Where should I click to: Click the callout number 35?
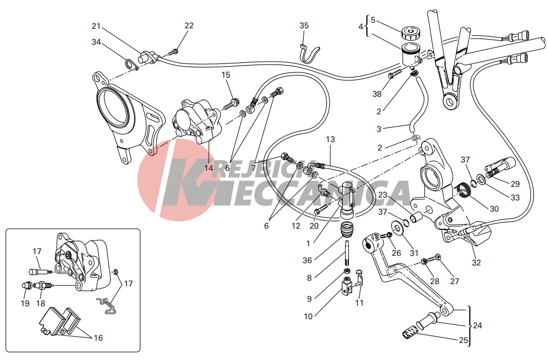tap(304, 25)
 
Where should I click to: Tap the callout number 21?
tap(96, 26)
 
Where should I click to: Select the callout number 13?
tap(330, 139)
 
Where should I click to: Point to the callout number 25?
tap(463, 340)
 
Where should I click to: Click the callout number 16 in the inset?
tap(98, 337)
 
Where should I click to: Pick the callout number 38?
tap(377, 94)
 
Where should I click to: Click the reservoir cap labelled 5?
tap(411, 33)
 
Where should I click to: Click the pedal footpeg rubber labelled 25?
tap(411, 331)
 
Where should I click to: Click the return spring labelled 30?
tap(463, 191)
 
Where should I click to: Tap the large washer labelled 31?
tap(397, 228)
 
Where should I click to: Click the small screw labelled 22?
tap(174, 52)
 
